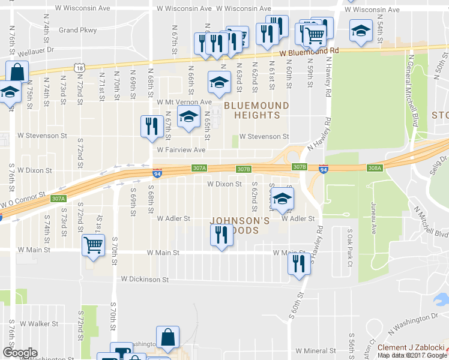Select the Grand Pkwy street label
click(77, 30)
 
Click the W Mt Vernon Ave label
click(184, 102)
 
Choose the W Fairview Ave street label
click(181, 150)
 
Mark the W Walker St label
click(38, 324)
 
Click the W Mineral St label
click(318, 350)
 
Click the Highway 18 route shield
click(79, 69)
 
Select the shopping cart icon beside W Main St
click(93, 245)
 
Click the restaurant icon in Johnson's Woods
click(221, 235)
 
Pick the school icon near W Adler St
click(281, 199)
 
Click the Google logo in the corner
click(20, 353)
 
